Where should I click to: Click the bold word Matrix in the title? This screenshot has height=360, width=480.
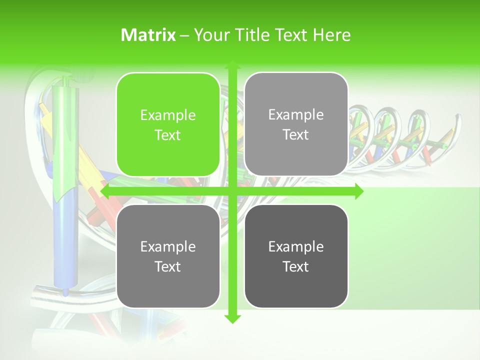click(148, 35)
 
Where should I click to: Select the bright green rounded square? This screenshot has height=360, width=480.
click(168, 124)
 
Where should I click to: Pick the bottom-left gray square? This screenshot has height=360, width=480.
click(168, 256)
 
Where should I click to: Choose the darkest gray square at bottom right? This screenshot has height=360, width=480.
click(296, 256)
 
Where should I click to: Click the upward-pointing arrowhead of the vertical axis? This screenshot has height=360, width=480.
click(232, 65)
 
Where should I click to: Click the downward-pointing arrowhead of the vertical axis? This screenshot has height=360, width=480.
click(232, 318)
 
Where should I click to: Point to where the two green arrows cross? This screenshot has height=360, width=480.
click(232, 191)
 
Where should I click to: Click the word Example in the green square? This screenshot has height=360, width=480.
click(168, 115)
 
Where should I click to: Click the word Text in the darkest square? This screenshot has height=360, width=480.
click(296, 266)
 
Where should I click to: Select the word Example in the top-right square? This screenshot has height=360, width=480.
click(296, 115)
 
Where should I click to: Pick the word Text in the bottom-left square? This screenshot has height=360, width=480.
click(168, 266)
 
